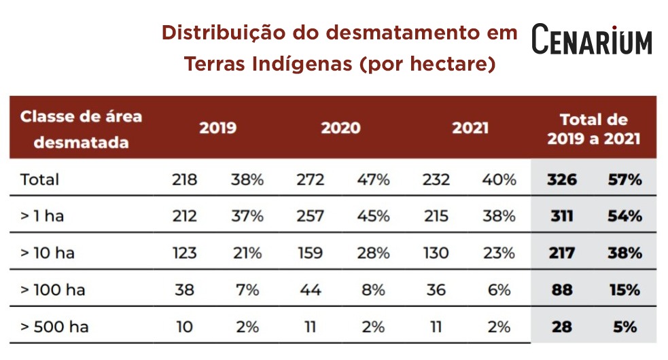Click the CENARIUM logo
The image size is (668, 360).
[x=591, y=39]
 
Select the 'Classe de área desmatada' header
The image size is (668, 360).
[x=81, y=129]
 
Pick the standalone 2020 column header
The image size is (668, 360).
[x=340, y=128]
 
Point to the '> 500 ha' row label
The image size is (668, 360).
[x=54, y=327]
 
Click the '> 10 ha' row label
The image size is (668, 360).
[x=48, y=253]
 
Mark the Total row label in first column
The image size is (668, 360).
[x=39, y=180]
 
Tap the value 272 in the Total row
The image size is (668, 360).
[x=311, y=180]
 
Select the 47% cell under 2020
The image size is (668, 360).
[x=374, y=180]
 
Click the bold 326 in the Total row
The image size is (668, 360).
[x=562, y=180]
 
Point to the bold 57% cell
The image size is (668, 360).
[x=625, y=180]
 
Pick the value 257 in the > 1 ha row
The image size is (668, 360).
[x=311, y=217]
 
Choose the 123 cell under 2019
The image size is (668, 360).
[x=184, y=253]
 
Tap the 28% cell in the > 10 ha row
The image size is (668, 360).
[x=374, y=253]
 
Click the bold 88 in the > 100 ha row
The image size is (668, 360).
[x=562, y=290]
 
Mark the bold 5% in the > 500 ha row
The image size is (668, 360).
[x=625, y=327]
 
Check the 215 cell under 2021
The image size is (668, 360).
[x=436, y=217]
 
